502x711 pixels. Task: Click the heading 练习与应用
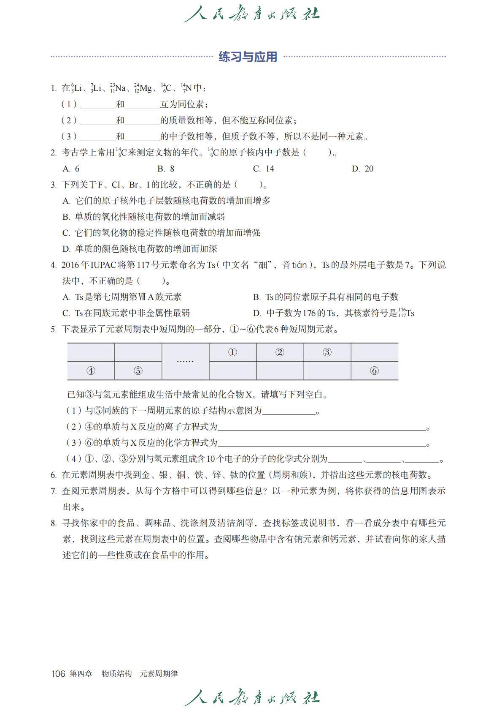click(x=248, y=57)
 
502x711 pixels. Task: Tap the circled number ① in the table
click(x=232, y=352)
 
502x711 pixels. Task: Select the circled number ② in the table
click(x=280, y=352)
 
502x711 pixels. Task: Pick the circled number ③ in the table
click(x=327, y=352)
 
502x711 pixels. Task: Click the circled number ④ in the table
click(x=91, y=371)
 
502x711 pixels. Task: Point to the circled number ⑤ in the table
click(x=138, y=371)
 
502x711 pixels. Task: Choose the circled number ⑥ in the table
click(x=374, y=371)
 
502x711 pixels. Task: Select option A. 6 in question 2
click(x=71, y=169)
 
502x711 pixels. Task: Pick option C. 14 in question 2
click(x=264, y=169)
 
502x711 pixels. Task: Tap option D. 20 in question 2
click(x=363, y=169)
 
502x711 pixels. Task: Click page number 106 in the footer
click(x=58, y=674)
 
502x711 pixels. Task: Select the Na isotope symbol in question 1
click(x=118, y=88)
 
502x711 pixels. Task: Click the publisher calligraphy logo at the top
click(x=251, y=14)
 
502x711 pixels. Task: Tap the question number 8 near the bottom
click(x=54, y=523)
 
